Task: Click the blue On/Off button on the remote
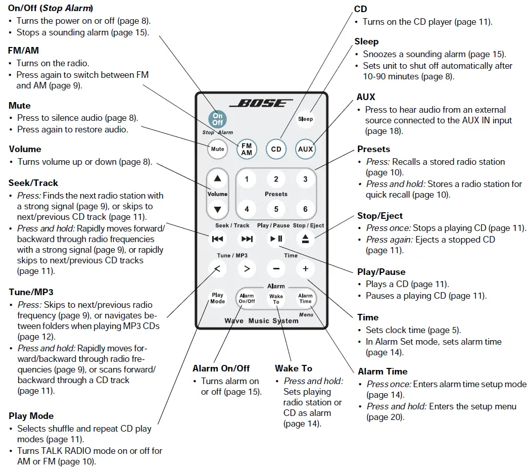click(x=217, y=119)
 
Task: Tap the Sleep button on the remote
click(x=305, y=119)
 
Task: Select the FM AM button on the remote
click(x=247, y=149)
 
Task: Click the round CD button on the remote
click(x=276, y=149)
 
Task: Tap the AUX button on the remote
click(x=305, y=149)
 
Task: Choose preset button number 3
click(x=305, y=179)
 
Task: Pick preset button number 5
click(x=276, y=209)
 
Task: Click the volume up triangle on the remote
click(x=217, y=179)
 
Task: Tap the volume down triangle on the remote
click(x=217, y=209)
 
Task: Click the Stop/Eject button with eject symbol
click(x=305, y=239)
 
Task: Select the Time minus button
click(x=276, y=269)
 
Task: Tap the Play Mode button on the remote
click(x=217, y=298)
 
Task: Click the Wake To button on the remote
click(x=276, y=299)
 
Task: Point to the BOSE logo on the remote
click(x=261, y=104)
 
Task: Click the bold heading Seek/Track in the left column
click(x=33, y=183)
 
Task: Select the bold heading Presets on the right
click(x=373, y=149)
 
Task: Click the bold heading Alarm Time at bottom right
click(x=382, y=371)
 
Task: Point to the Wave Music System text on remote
click(x=261, y=321)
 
